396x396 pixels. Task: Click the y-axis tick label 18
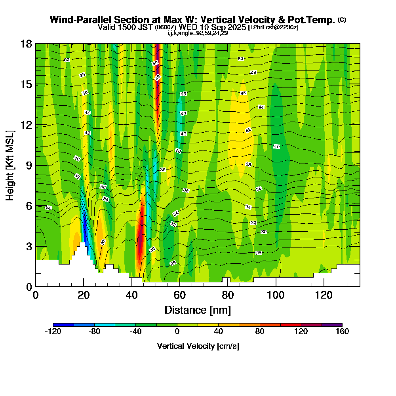pyautogui.click(x=27, y=44)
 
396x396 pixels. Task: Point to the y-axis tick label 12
pyautogui.click(x=27, y=125)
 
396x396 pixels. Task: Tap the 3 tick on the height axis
pyautogui.click(x=29, y=246)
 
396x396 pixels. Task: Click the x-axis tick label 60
pyautogui.click(x=180, y=295)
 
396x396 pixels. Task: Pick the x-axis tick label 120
pyautogui.click(x=324, y=295)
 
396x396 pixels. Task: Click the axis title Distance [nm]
pyautogui.click(x=198, y=309)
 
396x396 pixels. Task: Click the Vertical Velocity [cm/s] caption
pyautogui.click(x=198, y=346)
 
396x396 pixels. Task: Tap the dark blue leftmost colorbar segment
pyautogui.click(x=63, y=325)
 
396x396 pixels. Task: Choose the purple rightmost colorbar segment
pyautogui.click(x=332, y=325)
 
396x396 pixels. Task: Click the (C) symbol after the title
pyautogui.click(x=342, y=20)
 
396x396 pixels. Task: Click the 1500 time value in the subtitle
pyautogui.click(x=124, y=27)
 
